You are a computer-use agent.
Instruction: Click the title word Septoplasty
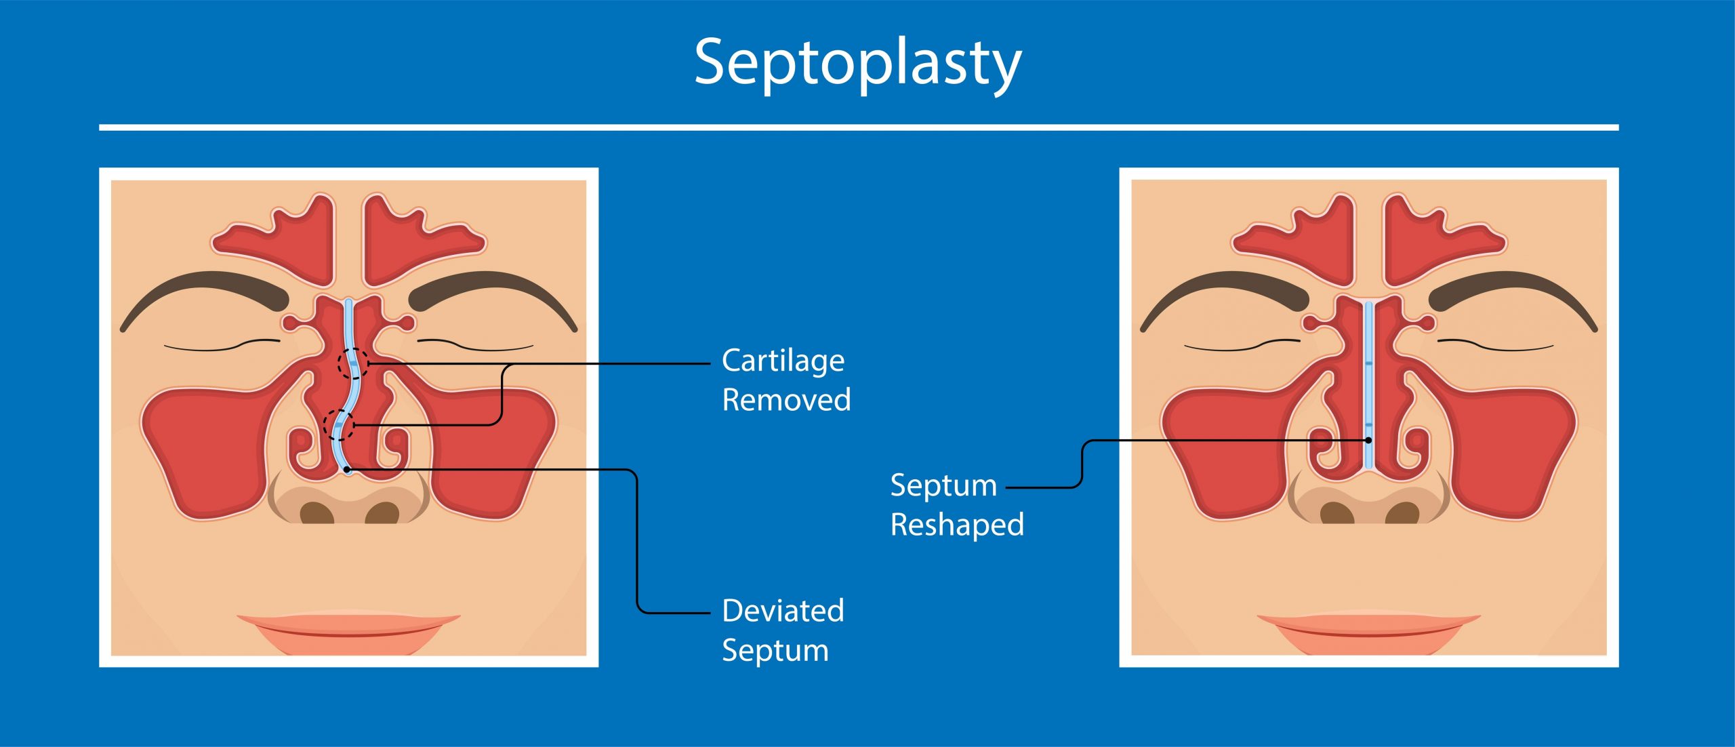click(857, 64)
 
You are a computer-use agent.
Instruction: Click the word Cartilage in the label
click(783, 361)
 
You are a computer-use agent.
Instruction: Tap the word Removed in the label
click(786, 400)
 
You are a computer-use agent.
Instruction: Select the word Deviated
click(783, 611)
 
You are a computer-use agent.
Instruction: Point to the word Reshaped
click(957, 525)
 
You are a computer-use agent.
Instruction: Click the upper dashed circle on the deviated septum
click(353, 364)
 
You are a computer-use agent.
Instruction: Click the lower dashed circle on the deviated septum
click(338, 425)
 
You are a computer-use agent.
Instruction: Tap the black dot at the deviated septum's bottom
click(347, 469)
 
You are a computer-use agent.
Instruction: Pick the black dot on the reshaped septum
click(1368, 441)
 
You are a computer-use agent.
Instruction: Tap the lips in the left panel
click(348, 632)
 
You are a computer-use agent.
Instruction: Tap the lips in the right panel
click(1368, 632)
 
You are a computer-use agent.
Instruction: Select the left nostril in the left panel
click(317, 512)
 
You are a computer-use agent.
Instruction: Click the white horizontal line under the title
click(859, 127)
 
